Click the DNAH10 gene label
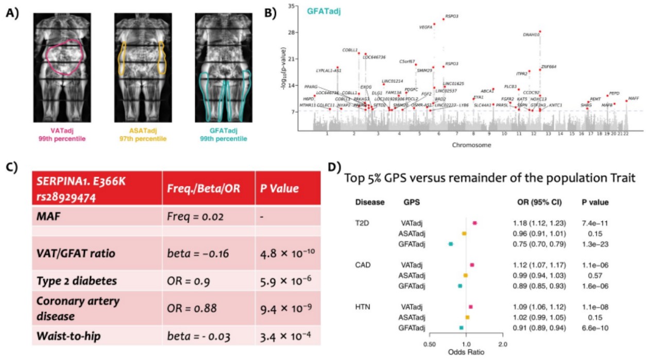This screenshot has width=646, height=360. point(531,35)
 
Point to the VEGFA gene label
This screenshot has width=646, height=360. point(426,27)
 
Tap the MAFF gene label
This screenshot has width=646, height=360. point(633,98)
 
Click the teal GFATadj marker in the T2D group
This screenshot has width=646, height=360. point(451,244)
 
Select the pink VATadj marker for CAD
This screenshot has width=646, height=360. point(472,265)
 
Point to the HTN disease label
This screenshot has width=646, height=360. point(363,307)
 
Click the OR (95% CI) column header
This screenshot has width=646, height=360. point(536,202)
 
